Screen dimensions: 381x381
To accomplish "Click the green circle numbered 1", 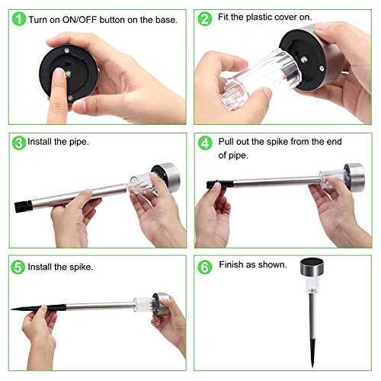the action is click(x=19, y=19).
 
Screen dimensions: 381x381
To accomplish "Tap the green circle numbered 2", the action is click(x=205, y=19).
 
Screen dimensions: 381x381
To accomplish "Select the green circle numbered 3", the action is click(x=19, y=143).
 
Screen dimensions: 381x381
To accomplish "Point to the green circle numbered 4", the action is click(x=205, y=143).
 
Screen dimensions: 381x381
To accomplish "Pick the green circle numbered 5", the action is click(x=18, y=267).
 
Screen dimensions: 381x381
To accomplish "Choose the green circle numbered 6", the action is click(x=205, y=267).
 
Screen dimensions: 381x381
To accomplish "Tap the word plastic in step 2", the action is click(x=259, y=18).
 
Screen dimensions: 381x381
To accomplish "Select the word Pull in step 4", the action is click(x=226, y=142).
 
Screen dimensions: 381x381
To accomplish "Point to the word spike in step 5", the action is click(x=81, y=267).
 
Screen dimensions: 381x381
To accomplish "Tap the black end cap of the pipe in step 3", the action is click(x=24, y=207).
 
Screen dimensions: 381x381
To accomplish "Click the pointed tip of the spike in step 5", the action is click(x=11, y=309).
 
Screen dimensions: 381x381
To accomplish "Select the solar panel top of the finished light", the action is click(x=312, y=262).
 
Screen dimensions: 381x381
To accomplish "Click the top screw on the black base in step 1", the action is click(x=67, y=50).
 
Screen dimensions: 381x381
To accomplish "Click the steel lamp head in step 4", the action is click(x=355, y=177).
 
